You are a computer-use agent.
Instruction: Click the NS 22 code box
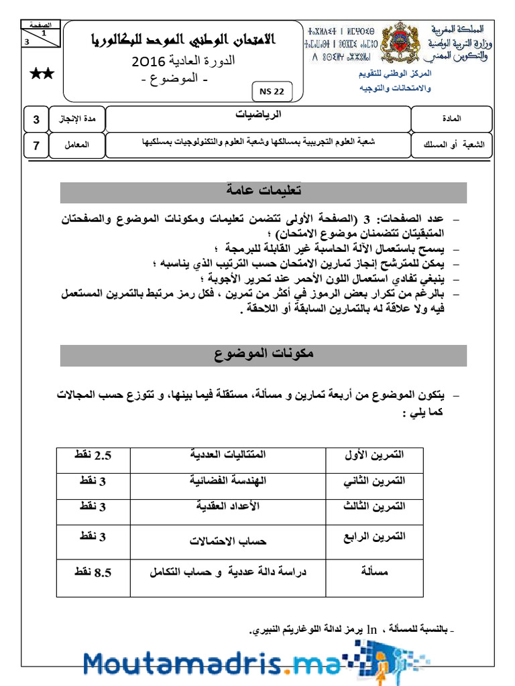click(x=270, y=92)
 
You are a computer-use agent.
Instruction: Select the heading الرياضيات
click(x=259, y=115)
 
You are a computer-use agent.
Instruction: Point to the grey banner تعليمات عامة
click(x=263, y=192)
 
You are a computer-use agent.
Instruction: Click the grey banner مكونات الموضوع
click(x=263, y=355)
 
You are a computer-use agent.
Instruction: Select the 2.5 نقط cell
click(x=93, y=456)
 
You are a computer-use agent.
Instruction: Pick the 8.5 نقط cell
click(x=93, y=572)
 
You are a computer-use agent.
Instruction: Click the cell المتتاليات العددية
click(x=228, y=456)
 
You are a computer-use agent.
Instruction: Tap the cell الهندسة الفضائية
click(x=228, y=481)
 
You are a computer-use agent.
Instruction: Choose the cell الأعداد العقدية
click(x=228, y=506)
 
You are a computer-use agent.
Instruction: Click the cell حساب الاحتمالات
click(x=228, y=540)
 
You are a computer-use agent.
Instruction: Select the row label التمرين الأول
click(x=375, y=456)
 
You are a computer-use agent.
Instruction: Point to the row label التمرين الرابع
click(x=375, y=537)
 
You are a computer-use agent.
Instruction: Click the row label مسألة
click(x=375, y=572)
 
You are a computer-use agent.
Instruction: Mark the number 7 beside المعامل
click(x=36, y=144)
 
